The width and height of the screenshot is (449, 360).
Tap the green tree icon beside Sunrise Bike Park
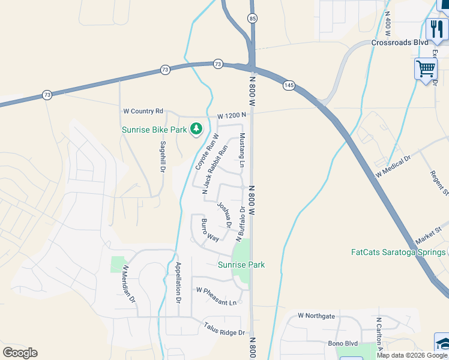coord(196,128)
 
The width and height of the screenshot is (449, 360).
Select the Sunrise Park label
coord(241,265)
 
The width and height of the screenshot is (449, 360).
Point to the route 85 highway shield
coord(252,19)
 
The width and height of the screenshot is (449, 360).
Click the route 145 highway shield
coord(289,86)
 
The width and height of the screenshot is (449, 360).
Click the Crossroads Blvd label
coord(399,43)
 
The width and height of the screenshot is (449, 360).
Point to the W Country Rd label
coord(143,111)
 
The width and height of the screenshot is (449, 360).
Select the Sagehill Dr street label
coord(162,157)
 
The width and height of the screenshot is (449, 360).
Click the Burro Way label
coord(209,230)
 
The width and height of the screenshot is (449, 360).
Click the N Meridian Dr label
coord(129,284)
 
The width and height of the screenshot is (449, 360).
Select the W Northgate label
coord(316,316)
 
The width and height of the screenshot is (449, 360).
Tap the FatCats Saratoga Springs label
coord(398,252)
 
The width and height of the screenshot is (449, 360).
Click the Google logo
coord(20,353)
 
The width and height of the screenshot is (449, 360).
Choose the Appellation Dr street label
coord(178,282)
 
